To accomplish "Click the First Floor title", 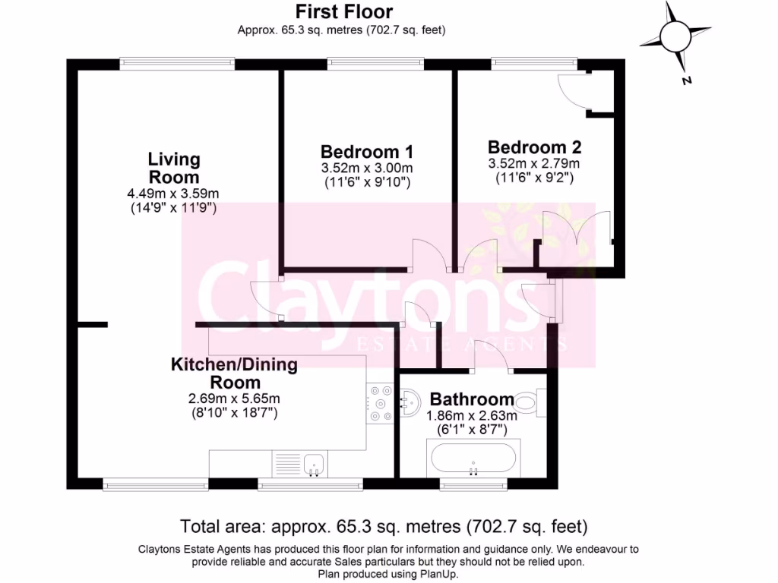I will click(x=344, y=11).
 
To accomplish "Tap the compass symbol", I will click(x=673, y=36).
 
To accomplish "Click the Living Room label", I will click(x=173, y=168).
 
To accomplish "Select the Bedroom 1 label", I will click(x=366, y=151).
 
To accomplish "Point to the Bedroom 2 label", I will click(x=534, y=147).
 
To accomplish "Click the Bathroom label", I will click(x=472, y=399).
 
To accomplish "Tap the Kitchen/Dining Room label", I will click(x=234, y=373).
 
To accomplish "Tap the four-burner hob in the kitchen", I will click(x=380, y=403).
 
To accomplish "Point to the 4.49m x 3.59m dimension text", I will click(x=173, y=194).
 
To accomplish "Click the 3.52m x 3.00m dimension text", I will click(x=366, y=168).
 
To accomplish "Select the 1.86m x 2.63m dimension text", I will click(x=472, y=415).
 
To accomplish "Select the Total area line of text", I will click(x=384, y=525).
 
